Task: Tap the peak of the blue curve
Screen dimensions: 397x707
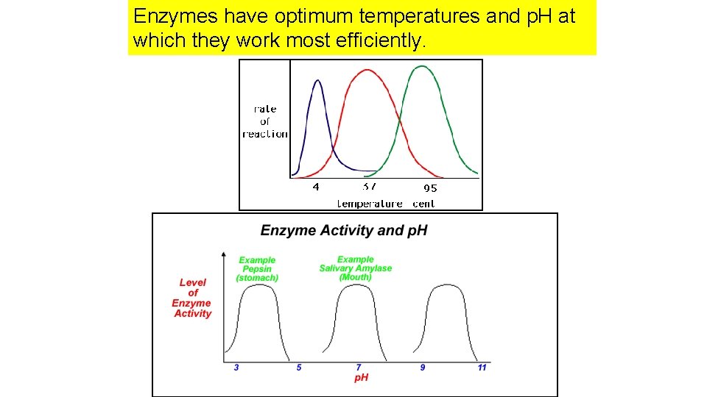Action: click(x=317, y=80)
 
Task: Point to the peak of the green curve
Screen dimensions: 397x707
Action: click(x=421, y=67)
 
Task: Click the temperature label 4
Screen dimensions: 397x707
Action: click(x=316, y=187)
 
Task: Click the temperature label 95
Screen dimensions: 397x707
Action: click(x=429, y=188)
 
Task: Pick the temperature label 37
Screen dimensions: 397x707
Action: click(x=370, y=187)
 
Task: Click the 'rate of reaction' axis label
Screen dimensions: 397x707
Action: click(x=265, y=121)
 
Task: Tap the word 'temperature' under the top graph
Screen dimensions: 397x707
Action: click(x=370, y=204)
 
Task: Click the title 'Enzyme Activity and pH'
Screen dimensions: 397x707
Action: click(x=344, y=231)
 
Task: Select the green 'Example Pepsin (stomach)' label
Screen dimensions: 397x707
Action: click(x=257, y=269)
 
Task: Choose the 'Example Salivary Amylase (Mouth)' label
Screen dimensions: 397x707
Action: click(x=356, y=268)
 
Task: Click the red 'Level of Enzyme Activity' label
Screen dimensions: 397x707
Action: click(x=192, y=298)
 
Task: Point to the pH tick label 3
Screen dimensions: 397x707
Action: click(x=236, y=367)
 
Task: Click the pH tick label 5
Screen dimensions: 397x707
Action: click(x=299, y=367)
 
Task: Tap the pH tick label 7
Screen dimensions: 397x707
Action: click(x=359, y=367)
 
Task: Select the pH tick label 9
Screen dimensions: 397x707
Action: click(x=423, y=367)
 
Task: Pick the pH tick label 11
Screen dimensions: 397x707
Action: click(x=482, y=367)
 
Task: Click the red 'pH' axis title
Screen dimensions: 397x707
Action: click(x=362, y=377)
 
